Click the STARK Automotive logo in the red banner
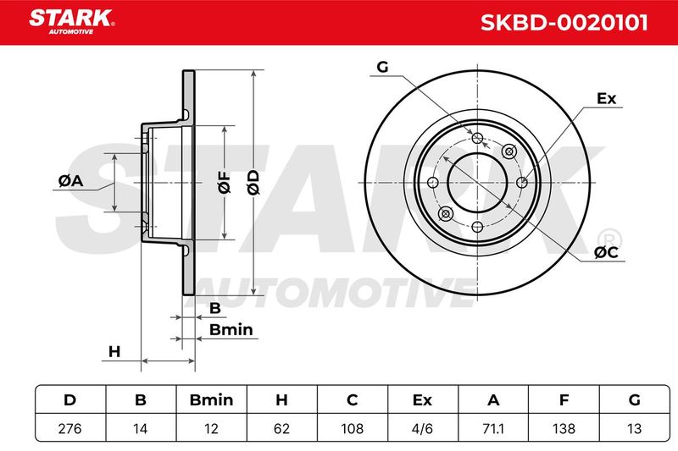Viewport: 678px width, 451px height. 72,22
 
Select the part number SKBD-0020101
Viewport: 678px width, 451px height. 564,23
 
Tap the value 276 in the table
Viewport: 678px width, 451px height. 69,428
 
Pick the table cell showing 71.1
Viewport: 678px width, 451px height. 493,428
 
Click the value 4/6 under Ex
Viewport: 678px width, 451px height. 422,428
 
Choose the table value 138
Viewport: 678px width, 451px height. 564,428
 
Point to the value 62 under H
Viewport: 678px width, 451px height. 281,428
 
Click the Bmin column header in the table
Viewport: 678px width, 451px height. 211,400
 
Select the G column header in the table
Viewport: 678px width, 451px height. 634,400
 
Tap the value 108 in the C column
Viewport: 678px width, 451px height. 352,428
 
